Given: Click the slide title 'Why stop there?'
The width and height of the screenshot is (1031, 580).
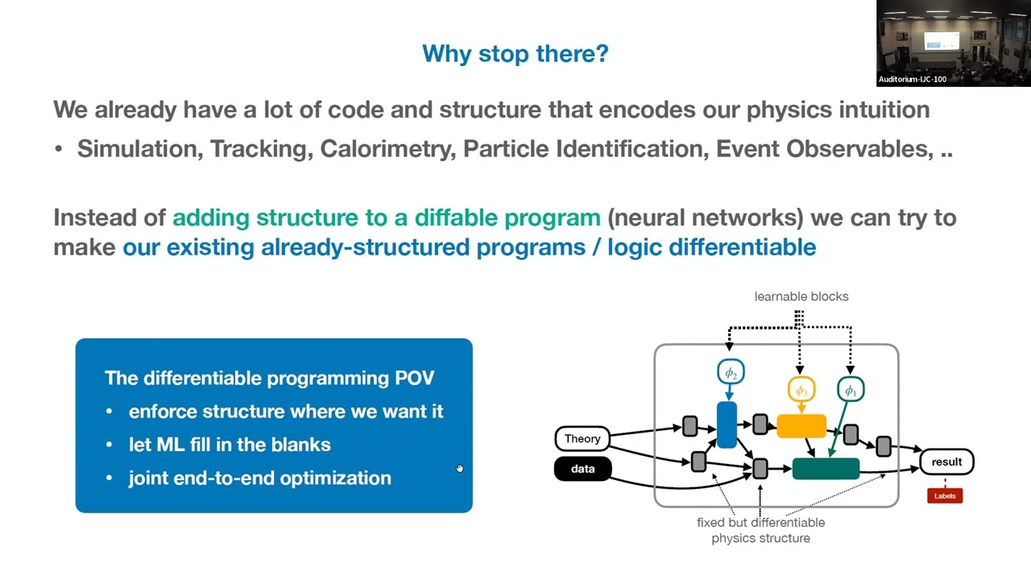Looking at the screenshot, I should [x=515, y=54].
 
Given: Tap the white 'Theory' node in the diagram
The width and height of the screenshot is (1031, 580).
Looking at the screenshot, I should [x=582, y=438].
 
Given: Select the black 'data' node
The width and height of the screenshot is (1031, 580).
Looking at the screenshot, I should [x=582, y=469].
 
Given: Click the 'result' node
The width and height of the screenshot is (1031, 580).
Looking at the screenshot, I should [x=946, y=462].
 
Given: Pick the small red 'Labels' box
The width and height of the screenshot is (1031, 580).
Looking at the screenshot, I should [x=945, y=495].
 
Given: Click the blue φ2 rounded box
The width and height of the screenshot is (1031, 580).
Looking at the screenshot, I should [x=731, y=372].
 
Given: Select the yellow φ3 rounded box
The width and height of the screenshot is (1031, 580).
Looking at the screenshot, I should [x=801, y=390].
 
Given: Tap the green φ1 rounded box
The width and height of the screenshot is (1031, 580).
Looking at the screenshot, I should [x=851, y=390].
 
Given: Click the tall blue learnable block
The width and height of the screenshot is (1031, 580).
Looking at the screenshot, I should [x=727, y=425].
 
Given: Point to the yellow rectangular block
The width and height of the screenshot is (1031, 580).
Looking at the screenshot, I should [x=801, y=426].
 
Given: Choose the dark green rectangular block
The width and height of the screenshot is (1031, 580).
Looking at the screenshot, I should [x=826, y=468].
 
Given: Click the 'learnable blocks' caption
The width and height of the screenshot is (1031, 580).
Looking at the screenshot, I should [x=801, y=296].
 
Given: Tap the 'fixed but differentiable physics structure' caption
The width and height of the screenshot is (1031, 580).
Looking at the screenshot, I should [x=760, y=530].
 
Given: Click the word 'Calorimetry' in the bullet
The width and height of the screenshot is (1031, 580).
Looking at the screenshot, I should [x=387, y=149].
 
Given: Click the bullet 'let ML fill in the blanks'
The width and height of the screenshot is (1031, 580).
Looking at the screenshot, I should [x=230, y=445].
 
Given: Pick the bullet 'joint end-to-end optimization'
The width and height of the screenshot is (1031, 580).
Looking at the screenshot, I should [x=259, y=478].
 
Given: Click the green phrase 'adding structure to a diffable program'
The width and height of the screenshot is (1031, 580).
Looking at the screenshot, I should [x=387, y=217].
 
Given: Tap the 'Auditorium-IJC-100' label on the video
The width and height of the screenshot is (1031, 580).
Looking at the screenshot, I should [x=912, y=79].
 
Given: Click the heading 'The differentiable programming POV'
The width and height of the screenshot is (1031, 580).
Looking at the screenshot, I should [x=269, y=378].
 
